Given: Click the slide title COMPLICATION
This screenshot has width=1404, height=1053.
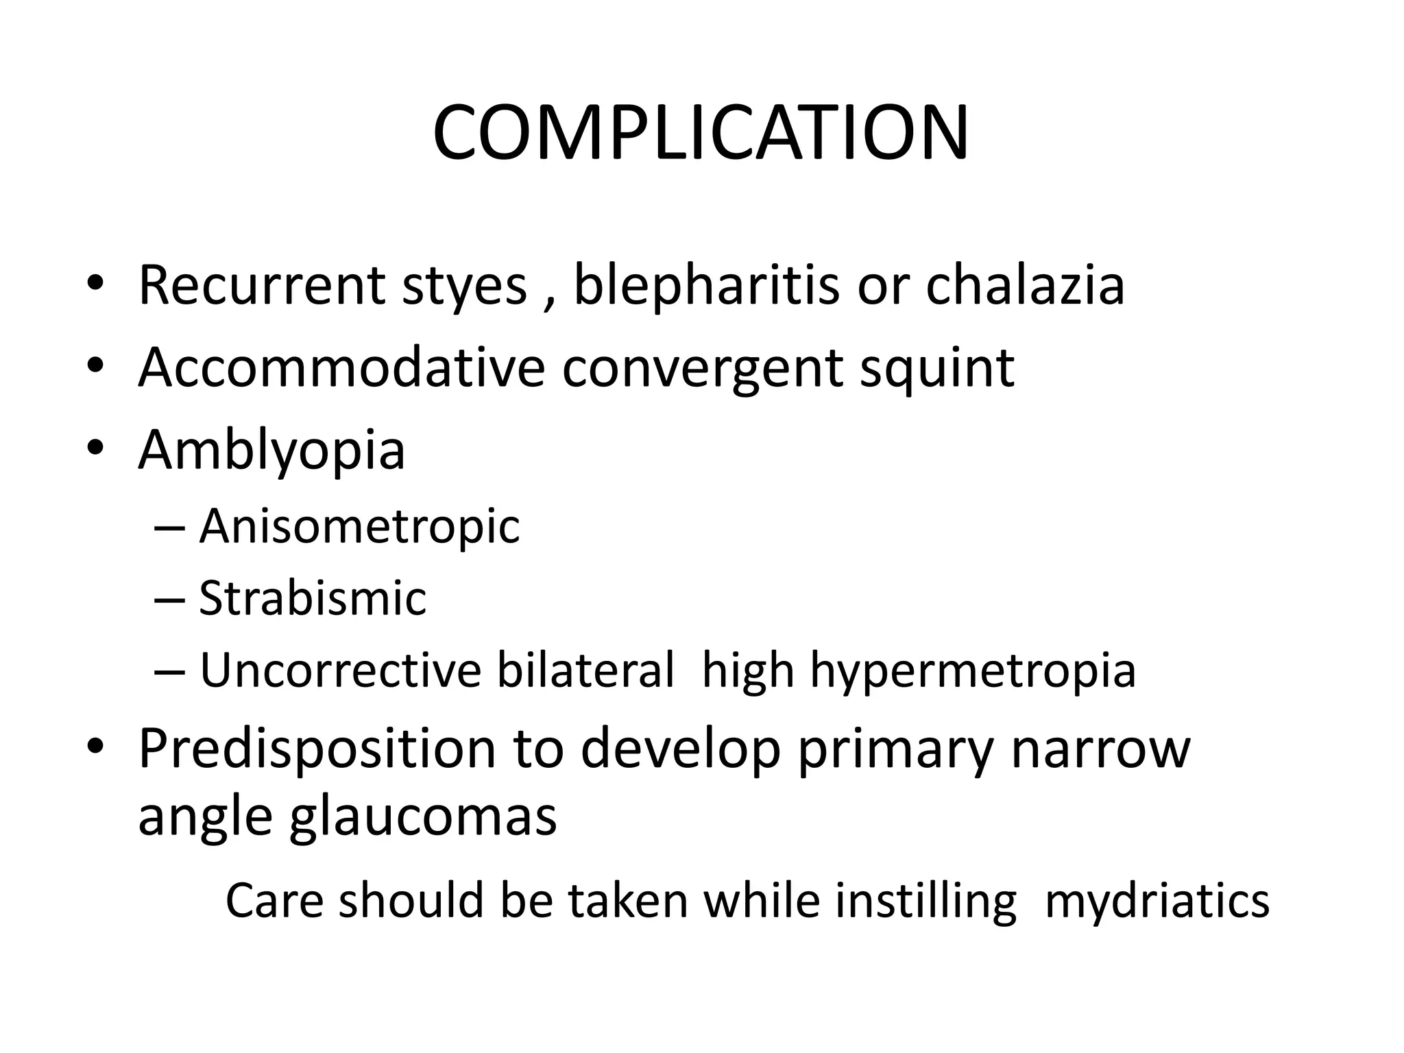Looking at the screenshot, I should tap(701, 133).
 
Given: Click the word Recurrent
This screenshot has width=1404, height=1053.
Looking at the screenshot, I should tap(261, 285).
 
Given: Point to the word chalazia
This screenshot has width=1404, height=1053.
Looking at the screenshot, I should tap(1025, 285).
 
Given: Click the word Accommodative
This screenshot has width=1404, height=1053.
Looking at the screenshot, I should tap(341, 367).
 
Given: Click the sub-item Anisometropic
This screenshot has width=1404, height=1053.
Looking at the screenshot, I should tap(359, 527).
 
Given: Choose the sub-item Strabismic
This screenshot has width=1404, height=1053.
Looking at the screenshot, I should tap(313, 598).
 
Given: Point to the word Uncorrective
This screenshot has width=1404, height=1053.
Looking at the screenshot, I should tap(341, 670).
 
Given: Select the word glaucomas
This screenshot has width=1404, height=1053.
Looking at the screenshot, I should tap(423, 817).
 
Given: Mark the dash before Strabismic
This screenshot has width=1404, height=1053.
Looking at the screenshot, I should tap(169, 599).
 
